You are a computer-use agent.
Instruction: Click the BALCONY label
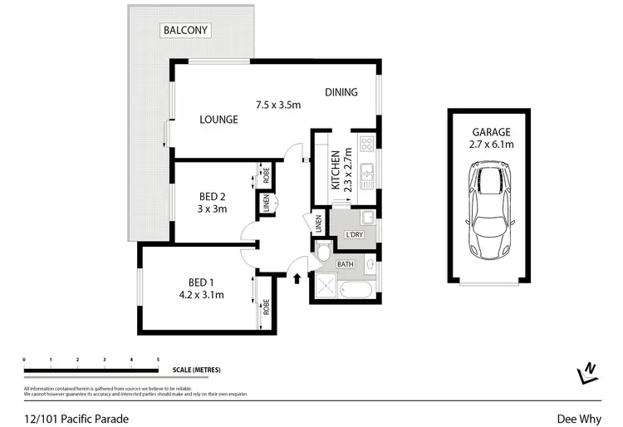[x=185, y=31]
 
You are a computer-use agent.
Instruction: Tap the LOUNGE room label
[x=218, y=120]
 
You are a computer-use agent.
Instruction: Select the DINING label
[x=341, y=92]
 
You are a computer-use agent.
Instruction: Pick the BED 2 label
[x=213, y=196]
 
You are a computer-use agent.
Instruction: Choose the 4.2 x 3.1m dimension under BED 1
[x=203, y=293]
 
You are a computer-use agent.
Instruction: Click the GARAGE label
[x=492, y=131]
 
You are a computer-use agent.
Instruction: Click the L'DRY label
[x=354, y=235]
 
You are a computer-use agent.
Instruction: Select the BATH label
[x=346, y=263]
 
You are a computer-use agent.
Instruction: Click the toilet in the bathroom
[x=325, y=253]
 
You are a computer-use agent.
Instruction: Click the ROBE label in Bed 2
[x=267, y=175]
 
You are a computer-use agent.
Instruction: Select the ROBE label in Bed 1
[x=267, y=307]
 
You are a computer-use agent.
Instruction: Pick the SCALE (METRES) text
[x=197, y=370]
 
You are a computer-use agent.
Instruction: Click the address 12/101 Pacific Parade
[x=76, y=419]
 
